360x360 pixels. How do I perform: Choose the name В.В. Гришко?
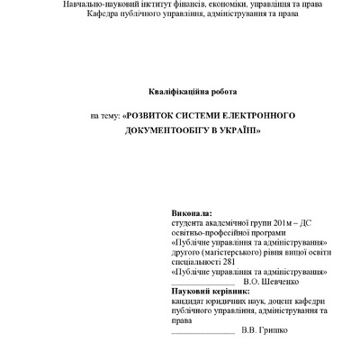266,329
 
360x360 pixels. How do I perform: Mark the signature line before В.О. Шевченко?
201,283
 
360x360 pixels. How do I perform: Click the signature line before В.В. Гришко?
201,331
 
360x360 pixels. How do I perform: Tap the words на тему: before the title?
104,117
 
